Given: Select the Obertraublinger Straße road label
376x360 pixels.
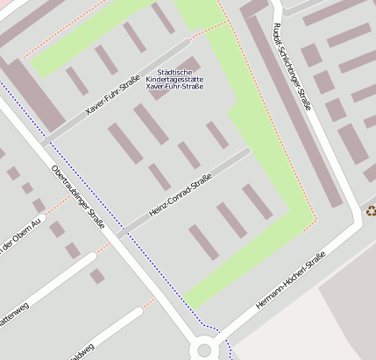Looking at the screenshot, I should click(79, 196).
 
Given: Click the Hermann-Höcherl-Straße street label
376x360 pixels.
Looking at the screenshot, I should click(290, 279).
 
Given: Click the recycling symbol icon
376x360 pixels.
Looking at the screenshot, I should click(371, 210).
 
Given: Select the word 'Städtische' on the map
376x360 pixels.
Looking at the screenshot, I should click(174, 70).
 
